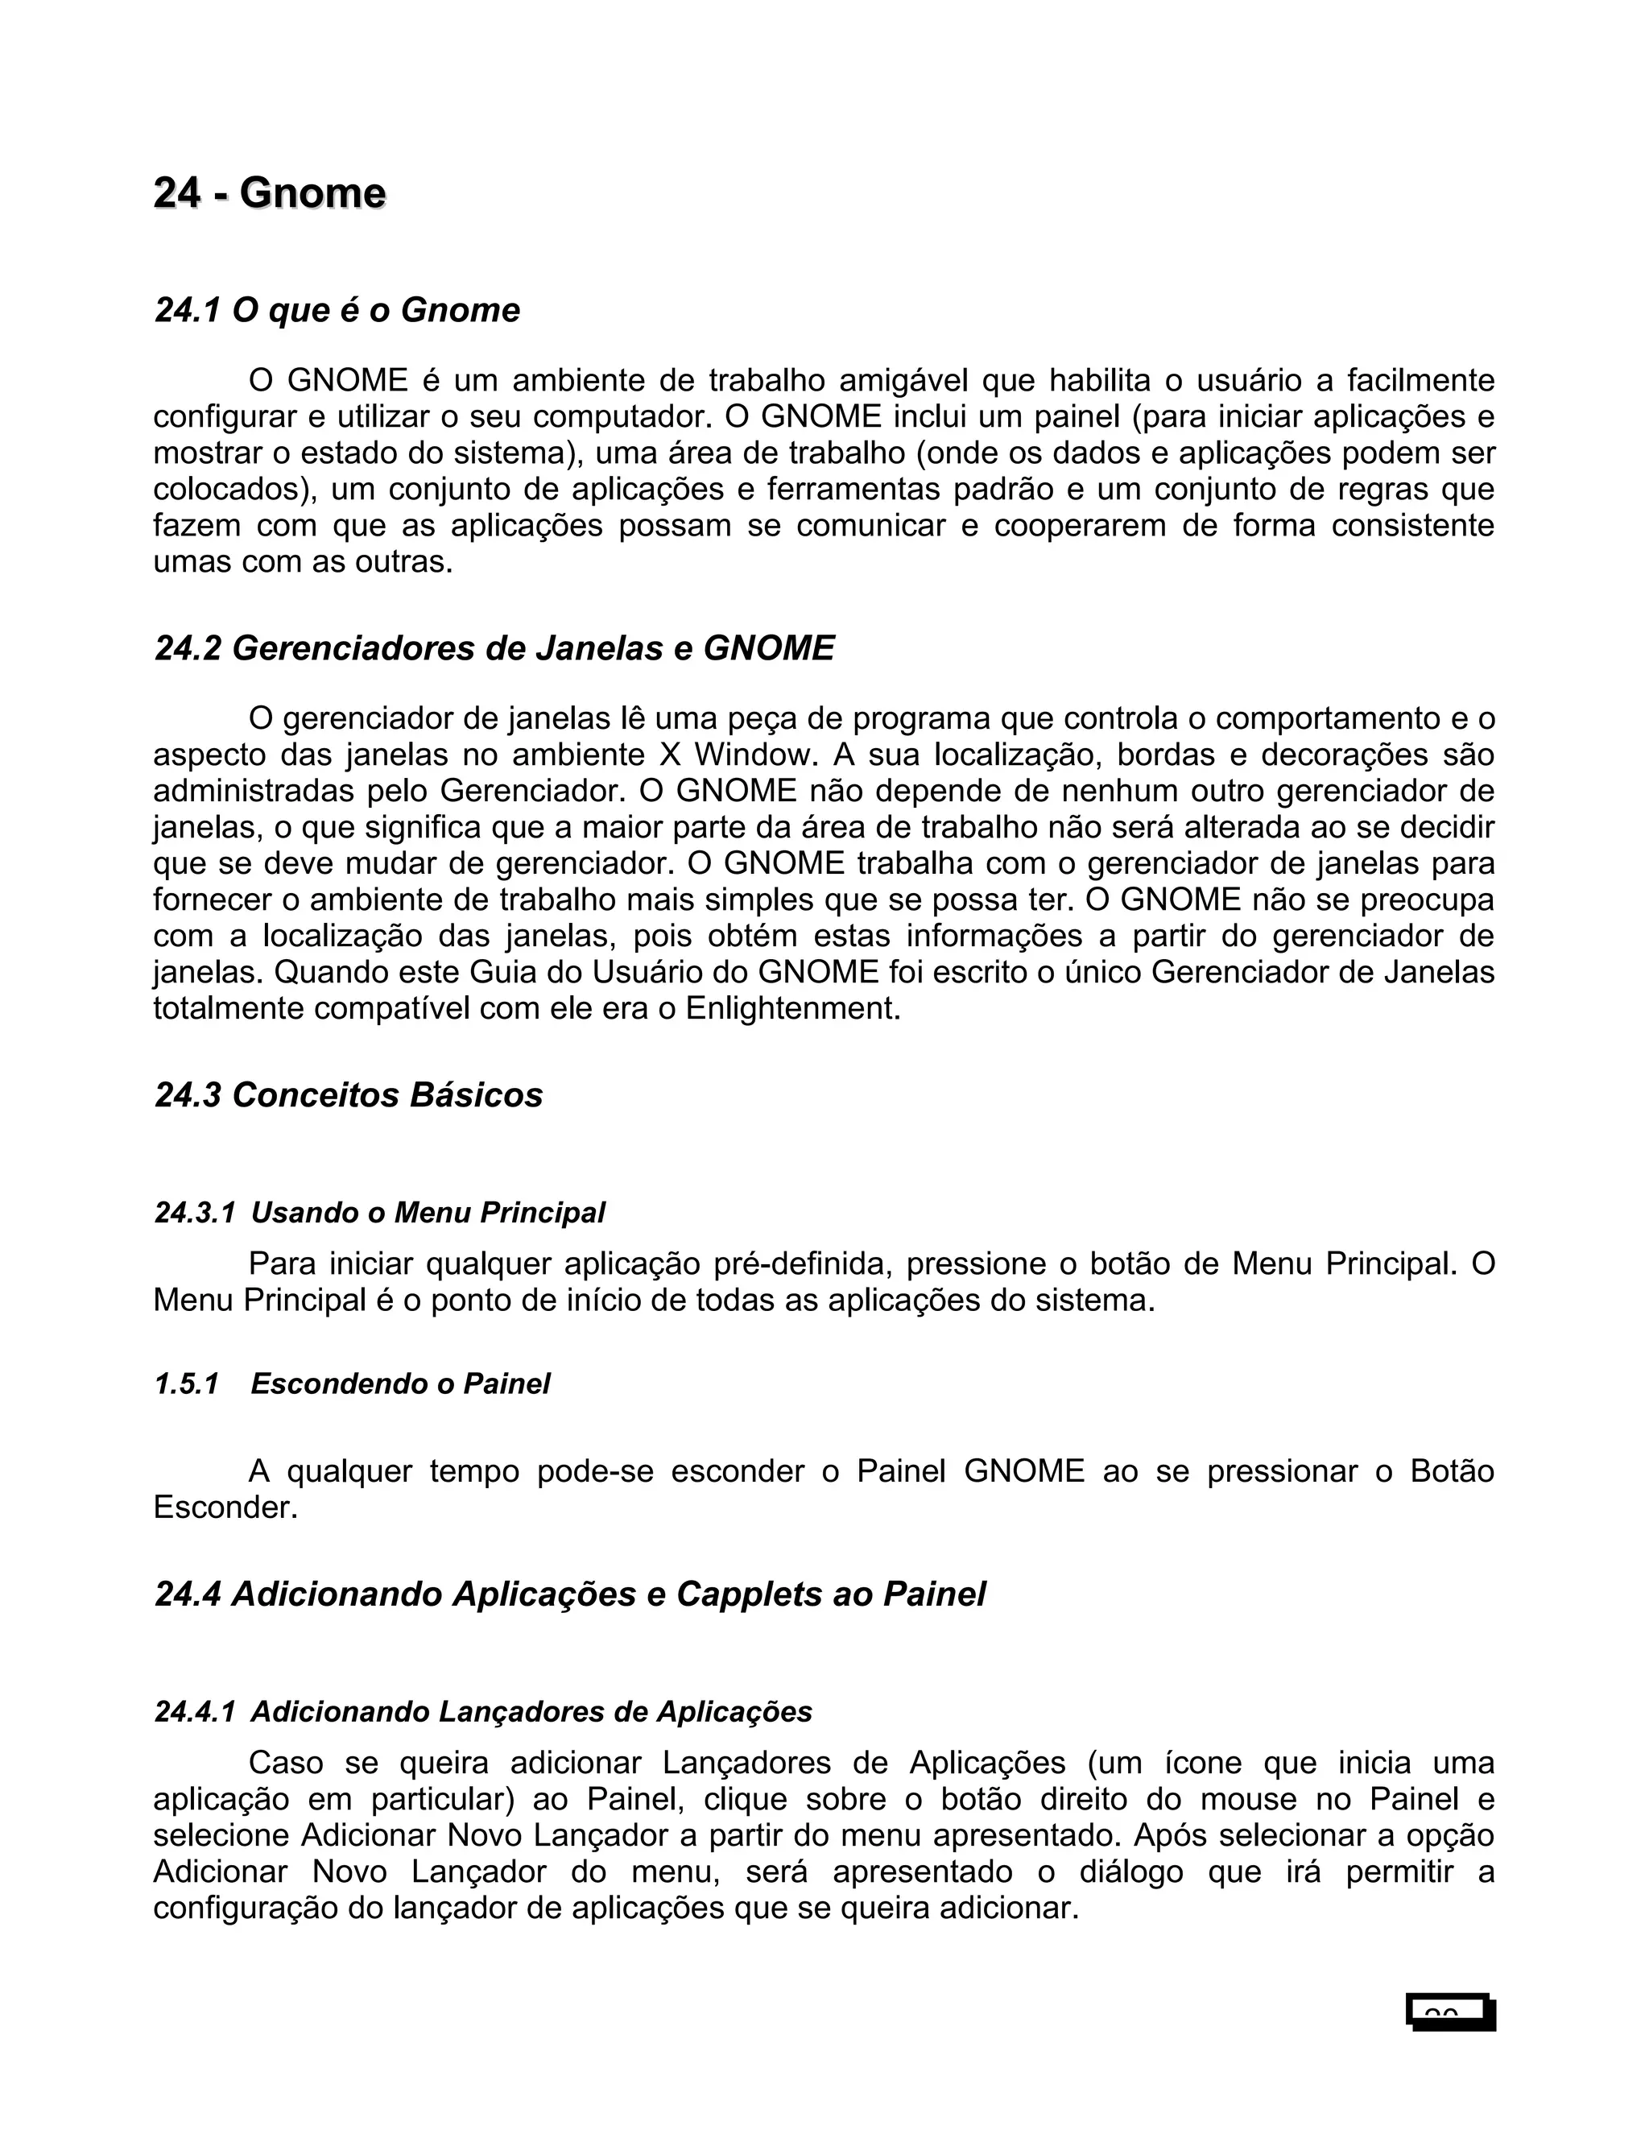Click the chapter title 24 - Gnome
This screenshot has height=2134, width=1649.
[x=270, y=193]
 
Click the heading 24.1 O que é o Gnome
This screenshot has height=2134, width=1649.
[x=337, y=310]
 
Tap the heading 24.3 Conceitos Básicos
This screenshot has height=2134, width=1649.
[x=349, y=1094]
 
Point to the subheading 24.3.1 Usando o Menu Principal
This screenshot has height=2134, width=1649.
[x=379, y=1213]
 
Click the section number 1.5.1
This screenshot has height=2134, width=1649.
[x=186, y=1383]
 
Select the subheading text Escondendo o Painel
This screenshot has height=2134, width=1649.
[x=400, y=1383]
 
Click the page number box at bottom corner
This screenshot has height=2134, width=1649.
[x=1451, y=2013]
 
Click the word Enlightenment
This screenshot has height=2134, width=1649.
[x=792, y=1008]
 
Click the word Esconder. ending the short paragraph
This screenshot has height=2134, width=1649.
[x=225, y=1507]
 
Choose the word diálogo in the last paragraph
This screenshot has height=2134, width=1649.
[x=1131, y=1872]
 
